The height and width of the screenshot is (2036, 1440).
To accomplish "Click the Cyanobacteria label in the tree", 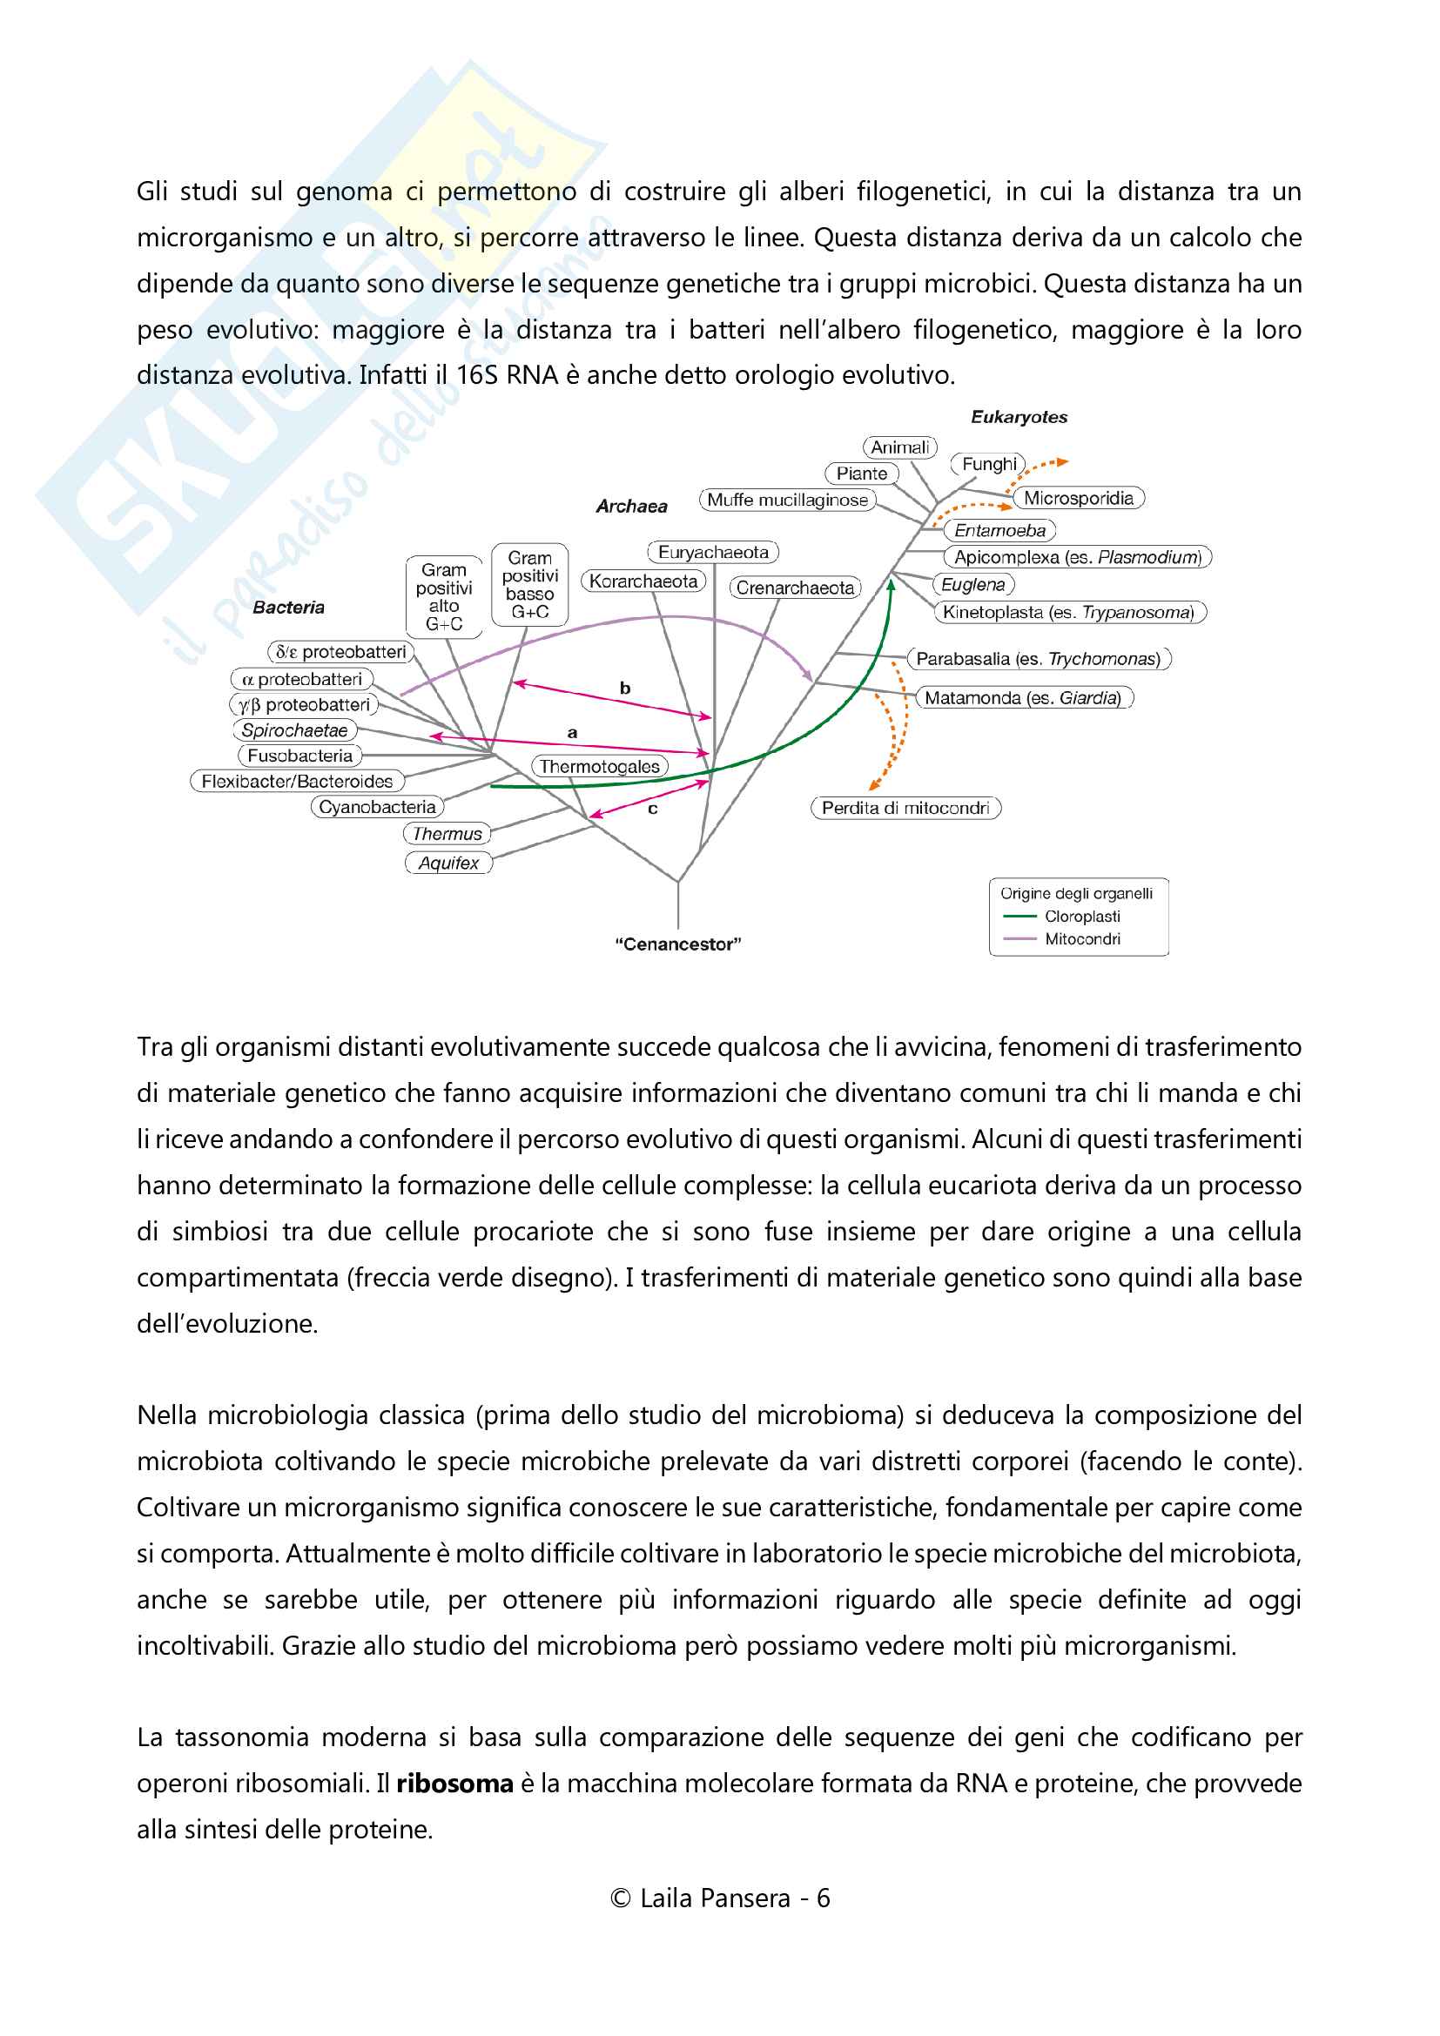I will pyautogui.click(x=377, y=807).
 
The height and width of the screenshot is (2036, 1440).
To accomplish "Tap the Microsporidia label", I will pyautogui.click(x=1078, y=499).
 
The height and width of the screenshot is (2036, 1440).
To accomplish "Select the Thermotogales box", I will pyautogui.click(x=599, y=766).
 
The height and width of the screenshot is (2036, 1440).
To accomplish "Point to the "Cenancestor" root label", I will pyautogui.click(x=678, y=944).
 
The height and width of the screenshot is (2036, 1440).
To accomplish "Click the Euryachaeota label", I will pyautogui.click(x=713, y=553).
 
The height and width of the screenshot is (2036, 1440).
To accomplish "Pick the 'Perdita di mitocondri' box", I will pyautogui.click(x=905, y=808).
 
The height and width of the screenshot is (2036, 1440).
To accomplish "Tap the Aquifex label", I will pyautogui.click(x=448, y=863).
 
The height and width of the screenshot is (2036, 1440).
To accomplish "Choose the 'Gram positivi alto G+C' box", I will pyautogui.click(x=444, y=597).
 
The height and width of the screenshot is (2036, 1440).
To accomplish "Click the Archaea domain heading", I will pyautogui.click(x=631, y=507).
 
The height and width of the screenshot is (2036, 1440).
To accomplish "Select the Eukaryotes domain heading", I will pyautogui.click(x=1019, y=417).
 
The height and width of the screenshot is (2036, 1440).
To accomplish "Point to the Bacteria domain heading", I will pyautogui.click(x=288, y=608).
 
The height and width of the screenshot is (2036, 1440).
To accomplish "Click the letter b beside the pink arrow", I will pyautogui.click(x=625, y=689).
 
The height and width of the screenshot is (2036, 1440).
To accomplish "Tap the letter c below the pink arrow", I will pyautogui.click(x=653, y=809).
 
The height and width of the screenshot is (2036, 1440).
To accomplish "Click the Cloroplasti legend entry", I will pyautogui.click(x=1082, y=916).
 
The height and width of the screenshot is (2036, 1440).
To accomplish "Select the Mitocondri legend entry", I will pyautogui.click(x=1082, y=939).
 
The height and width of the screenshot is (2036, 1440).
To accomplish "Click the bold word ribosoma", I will pyautogui.click(x=454, y=1784).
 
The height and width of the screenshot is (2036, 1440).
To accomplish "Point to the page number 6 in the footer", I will pyautogui.click(x=823, y=1898).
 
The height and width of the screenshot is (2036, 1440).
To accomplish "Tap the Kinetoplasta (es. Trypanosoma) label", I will pyautogui.click(x=1068, y=613).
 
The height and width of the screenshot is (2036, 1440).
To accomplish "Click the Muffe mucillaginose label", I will pyautogui.click(x=787, y=501).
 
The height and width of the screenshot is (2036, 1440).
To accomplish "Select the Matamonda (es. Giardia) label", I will pyautogui.click(x=1022, y=698).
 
